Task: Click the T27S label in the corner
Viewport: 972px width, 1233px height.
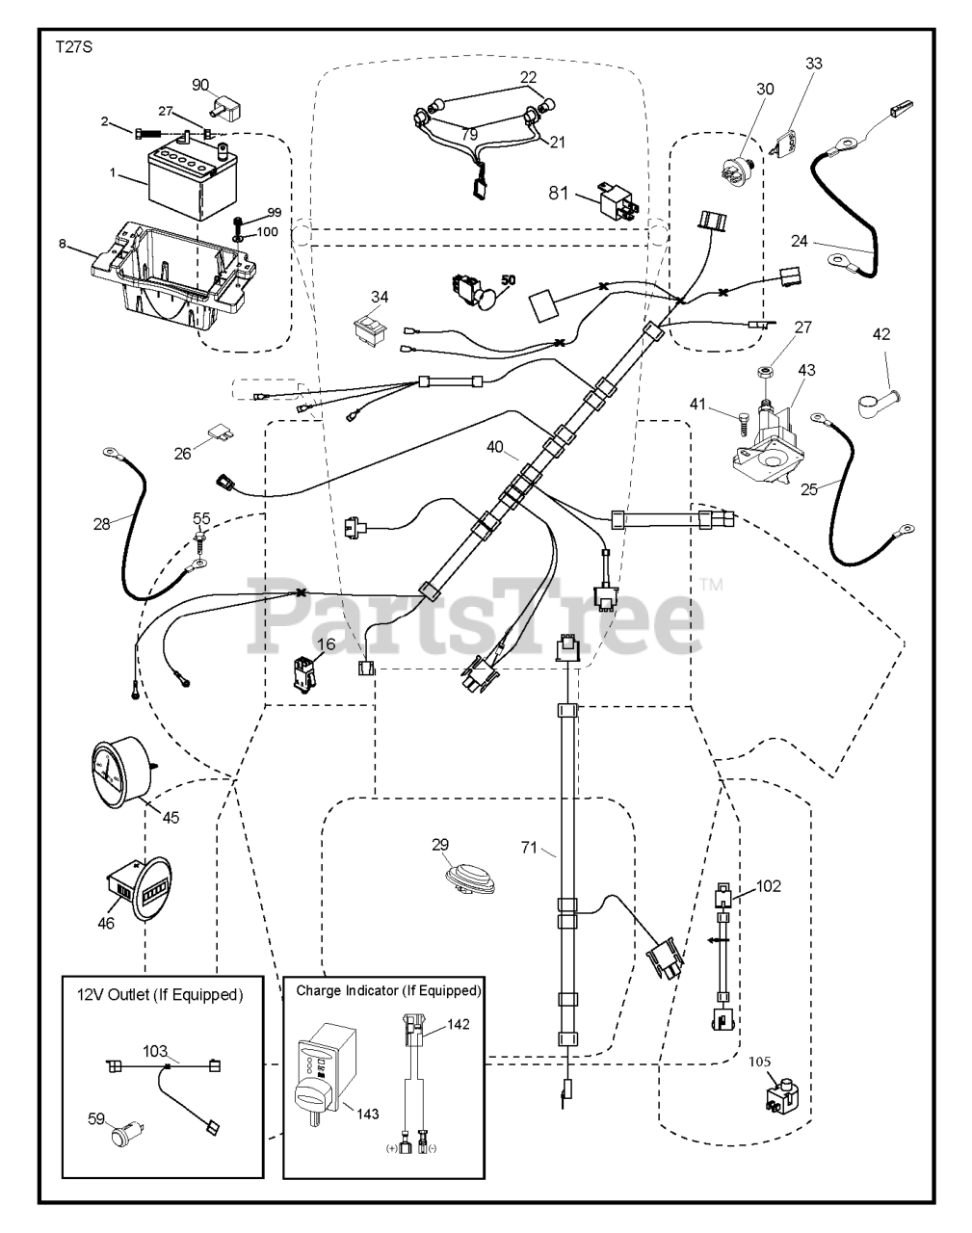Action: click(x=73, y=47)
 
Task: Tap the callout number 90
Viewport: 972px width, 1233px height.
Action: click(x=200, y=86)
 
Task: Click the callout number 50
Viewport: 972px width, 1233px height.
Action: click(x=509, y=280)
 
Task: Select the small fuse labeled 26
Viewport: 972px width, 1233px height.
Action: click(x=222, y=431)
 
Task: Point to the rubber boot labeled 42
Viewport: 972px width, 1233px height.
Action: click(x=878, y=402)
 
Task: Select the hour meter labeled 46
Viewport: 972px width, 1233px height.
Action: click(x=140, y=889)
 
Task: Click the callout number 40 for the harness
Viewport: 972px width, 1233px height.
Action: click(x=494, y=446)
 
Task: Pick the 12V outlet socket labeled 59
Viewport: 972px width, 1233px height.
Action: click(x=128, y=1135)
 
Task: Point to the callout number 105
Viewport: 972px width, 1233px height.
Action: click(x=759, y=1062)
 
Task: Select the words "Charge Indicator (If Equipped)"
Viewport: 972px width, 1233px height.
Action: click(x=388, y=990)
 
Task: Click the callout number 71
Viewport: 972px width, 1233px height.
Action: click(x=529, y=847)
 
